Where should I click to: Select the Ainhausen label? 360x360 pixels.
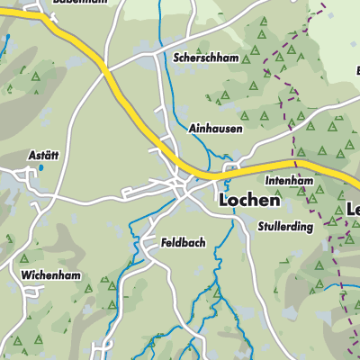coord(215,129)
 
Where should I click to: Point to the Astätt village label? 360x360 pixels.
coord(41,155)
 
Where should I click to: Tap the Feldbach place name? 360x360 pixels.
coord(186,242)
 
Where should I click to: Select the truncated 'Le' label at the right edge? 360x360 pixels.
coord(352,210)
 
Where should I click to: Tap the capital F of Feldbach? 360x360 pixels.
coord(166,242)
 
